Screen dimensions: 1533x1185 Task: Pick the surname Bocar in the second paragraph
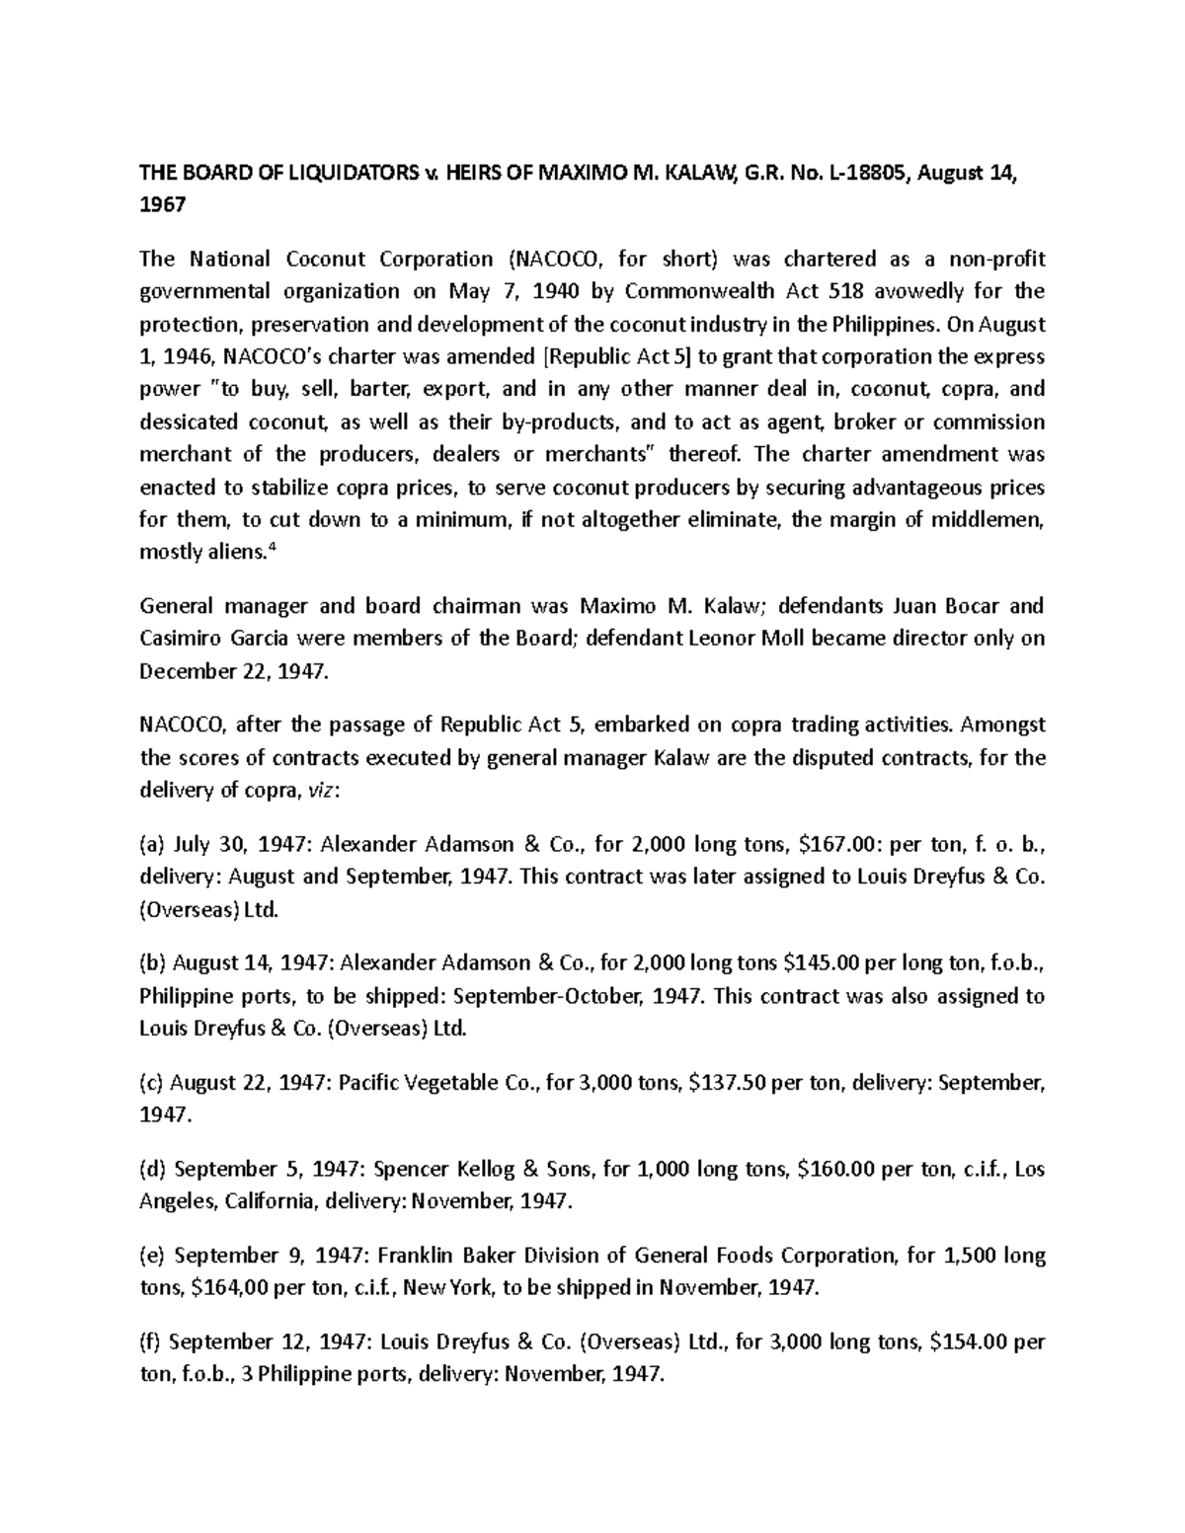pyautogui.click(x=968, y=606)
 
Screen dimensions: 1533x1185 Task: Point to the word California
pyautogui.click(x=270, y=1201)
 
